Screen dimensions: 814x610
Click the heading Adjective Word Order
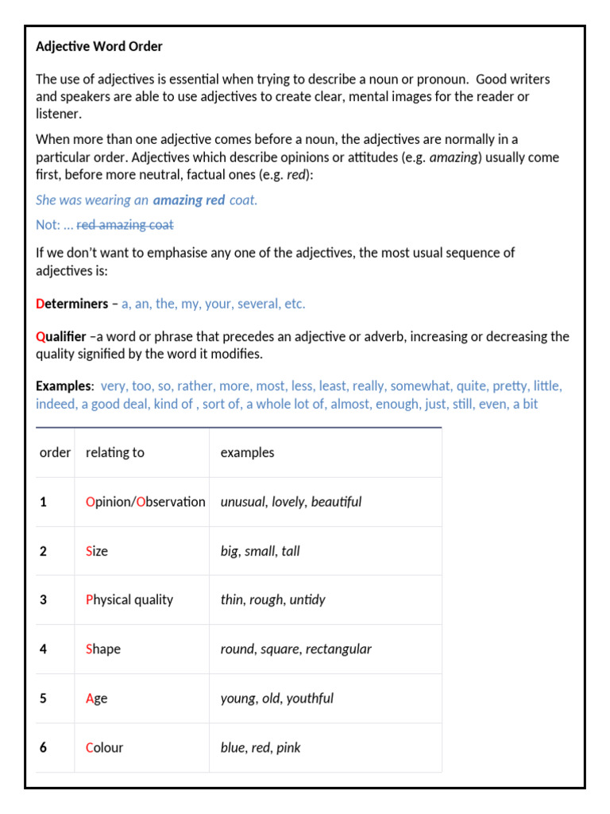click(99, 47)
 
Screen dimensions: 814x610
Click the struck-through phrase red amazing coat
click(125, 225)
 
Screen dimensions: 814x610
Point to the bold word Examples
click(64, 386)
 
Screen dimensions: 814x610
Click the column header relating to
click(115, 452)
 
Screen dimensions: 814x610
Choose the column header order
click(55, 452)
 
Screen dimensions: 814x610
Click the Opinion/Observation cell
click(145, 502)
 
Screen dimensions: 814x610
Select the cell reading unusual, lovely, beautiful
click(291, 502)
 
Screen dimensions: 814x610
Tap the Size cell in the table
click(96, 551)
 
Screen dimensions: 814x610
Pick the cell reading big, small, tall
click(260, 551)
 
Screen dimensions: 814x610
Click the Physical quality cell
click(129, 599)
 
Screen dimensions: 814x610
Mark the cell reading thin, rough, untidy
click(272, 599)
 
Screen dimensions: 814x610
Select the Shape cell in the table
click(103, 649)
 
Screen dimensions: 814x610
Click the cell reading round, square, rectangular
click(295, 649)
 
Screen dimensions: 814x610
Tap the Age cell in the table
click(96, 698)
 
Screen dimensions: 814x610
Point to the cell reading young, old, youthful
click(276, 698)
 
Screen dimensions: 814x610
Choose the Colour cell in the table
click(104, 747)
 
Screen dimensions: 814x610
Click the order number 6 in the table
click(44, 747)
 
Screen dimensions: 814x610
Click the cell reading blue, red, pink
click(261, 747)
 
